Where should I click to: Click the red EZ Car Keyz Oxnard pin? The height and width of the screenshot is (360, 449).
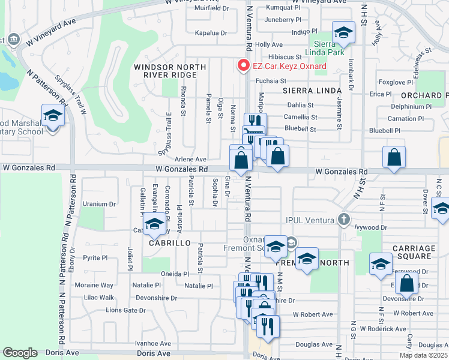pyautogui.click(x=244, y=65)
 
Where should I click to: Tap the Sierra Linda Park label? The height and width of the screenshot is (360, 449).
pyautogui.click(x=329, y=47)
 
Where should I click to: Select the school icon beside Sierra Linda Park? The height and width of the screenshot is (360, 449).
pyautogui.click(x=343, y=32)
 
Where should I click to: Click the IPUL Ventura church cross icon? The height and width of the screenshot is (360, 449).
pyautogui.click(x=343, y=220)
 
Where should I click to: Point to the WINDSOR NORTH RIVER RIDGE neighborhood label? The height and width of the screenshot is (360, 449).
pyautogui.click(x=165, y=71)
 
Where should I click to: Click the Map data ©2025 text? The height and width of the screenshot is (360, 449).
pyautogui.click(x=424, y=355)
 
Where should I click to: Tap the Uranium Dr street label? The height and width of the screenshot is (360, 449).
pyautogui.click(x=99, y=204)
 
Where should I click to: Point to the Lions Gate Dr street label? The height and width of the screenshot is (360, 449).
pyautogui.click(x=125, y=310)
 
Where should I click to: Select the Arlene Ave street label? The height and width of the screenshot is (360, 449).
pyautogui.click(x=190, y=159)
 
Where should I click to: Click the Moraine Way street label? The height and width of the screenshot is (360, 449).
pyautogui.click(x=98, y=285)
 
